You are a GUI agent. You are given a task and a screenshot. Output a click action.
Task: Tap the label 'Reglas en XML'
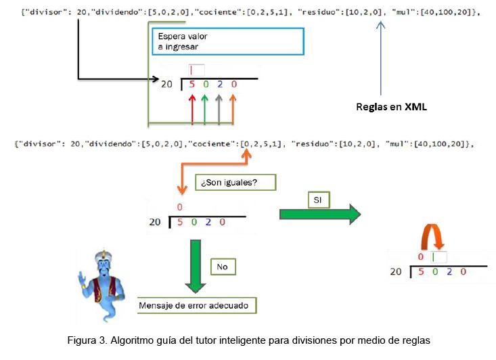(391, 107)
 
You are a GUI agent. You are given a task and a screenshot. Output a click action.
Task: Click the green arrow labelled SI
(321, 215)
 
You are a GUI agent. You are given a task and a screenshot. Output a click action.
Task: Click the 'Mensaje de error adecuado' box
(197, 305)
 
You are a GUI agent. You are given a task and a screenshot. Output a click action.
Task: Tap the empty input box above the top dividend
(196, 70)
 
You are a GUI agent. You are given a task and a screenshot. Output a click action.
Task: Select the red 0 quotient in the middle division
(180, 207)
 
